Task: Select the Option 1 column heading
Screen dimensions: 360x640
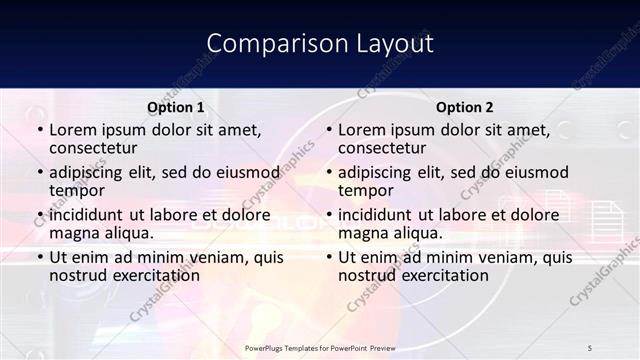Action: pos(176,107)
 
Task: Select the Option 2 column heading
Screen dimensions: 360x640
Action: pos(465,107)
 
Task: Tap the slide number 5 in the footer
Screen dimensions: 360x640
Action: pos(590,347)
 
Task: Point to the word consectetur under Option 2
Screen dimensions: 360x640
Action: pos(382,149)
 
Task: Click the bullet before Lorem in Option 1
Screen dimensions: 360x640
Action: pos(39,131)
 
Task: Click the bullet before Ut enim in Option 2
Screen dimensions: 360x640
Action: pos(328,257)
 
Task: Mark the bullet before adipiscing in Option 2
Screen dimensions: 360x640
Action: pos(328,173)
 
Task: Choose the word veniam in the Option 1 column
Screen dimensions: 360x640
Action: pos(212,257)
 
